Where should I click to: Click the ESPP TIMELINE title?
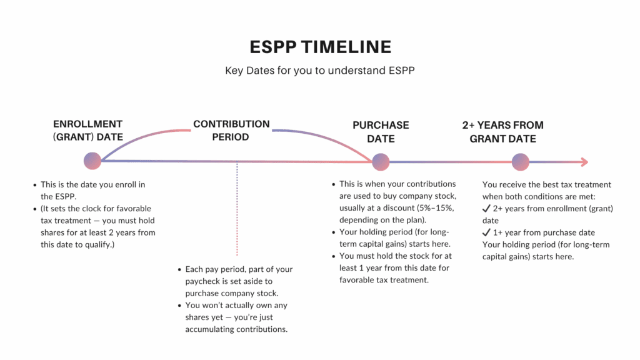320,47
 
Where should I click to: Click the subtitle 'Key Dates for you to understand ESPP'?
320,71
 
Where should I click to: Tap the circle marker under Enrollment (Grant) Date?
92,161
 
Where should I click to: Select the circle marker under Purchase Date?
381,162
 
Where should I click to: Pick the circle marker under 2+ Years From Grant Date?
521,162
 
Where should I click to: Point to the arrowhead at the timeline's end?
584,162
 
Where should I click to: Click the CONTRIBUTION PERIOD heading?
231,130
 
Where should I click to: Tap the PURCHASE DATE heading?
381,132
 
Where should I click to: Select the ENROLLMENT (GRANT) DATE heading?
88,131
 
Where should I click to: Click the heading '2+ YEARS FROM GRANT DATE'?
502,132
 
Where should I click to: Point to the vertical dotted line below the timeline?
237,209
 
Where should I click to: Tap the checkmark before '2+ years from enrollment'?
486,209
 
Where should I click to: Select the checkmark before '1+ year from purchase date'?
486,232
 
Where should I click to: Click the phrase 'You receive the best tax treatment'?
546,184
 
